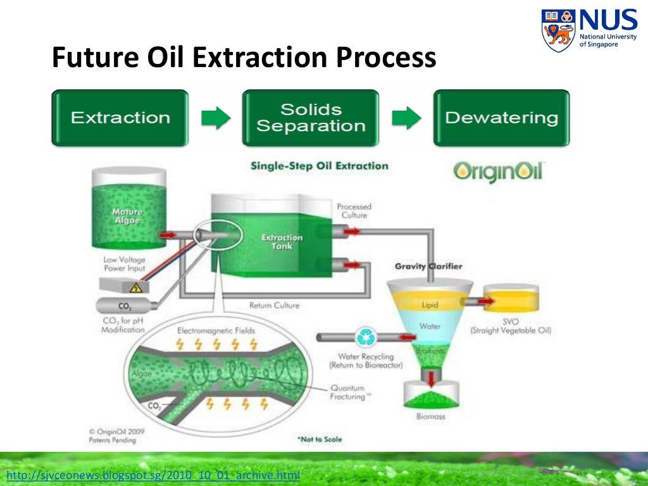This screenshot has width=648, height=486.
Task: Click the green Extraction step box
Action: (x=120, y=118)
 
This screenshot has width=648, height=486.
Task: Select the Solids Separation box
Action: (x=311, y=118)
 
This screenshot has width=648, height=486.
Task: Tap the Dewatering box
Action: (x=501, y=118)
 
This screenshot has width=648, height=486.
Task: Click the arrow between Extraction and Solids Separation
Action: (x=216, y=118)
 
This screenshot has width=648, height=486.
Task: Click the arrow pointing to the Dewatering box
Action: (x=406, y=118)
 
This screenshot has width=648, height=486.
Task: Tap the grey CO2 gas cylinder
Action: (x=124, y=306)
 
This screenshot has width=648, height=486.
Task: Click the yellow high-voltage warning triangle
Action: (x=135, y=287)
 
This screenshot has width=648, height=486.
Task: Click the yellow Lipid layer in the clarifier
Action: (x=430, y=304)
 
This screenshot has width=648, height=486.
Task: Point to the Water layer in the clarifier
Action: (x=430, y=327)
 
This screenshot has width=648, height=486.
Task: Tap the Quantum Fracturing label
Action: (x=347, y=393)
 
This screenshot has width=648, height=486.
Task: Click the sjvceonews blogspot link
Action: (x=152, y=475)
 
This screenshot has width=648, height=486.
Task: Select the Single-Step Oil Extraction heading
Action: (x=319, y=166)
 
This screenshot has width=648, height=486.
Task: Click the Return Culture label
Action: (x=274, y=306)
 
